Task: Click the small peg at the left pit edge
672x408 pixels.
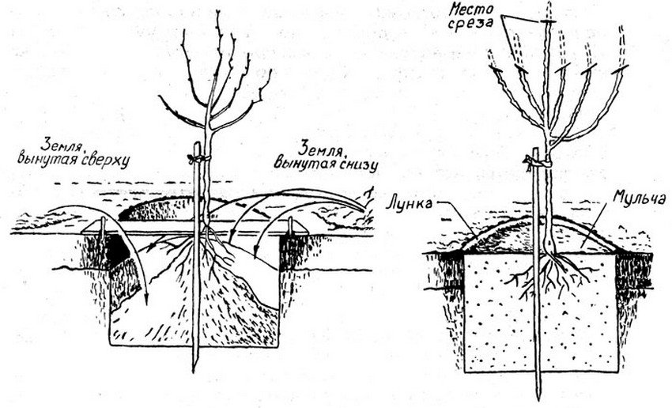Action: tap(104, 228)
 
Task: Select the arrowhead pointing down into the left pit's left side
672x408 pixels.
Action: tap(146, 297)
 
